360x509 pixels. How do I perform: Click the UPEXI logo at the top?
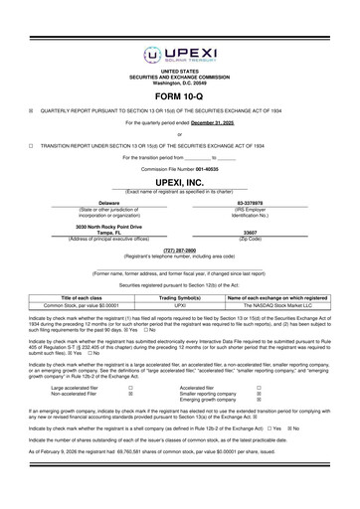click(x=179, y=26)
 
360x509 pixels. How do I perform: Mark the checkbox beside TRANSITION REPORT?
click(x=31, y=145)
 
